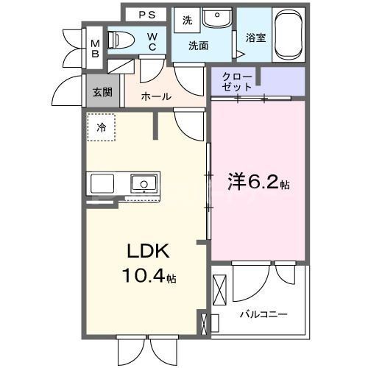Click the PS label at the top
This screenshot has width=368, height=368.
148,15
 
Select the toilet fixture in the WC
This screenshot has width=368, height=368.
121,40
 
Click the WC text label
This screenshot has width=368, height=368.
153,41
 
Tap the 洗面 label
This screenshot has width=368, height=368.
199,46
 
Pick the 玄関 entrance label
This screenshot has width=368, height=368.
102,93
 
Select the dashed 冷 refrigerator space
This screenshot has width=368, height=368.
102,127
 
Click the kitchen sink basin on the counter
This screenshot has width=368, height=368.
143,183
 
